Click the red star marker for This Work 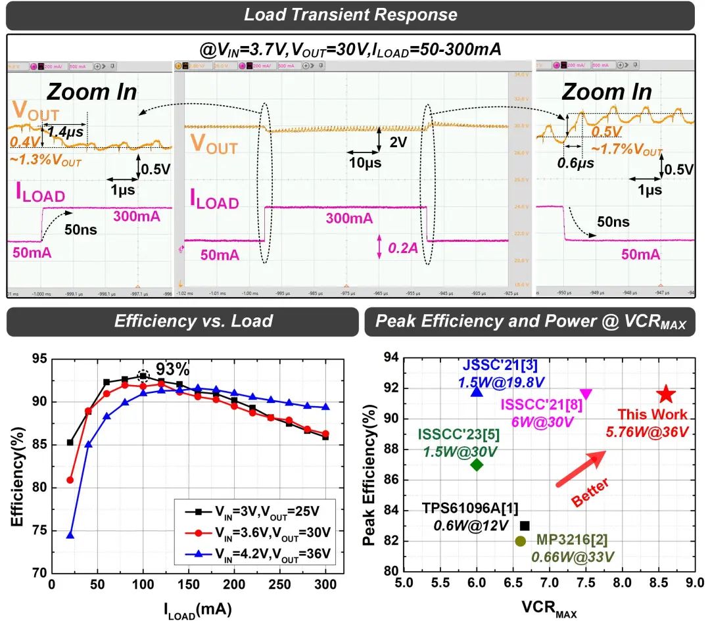[667, 394]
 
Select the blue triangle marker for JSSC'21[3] [477, 392]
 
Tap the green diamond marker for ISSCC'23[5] [477, 465]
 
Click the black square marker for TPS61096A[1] [525, 526]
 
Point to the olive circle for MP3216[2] [520, 541]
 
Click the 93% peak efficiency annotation [172, 366]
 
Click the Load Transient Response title [350, 14]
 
